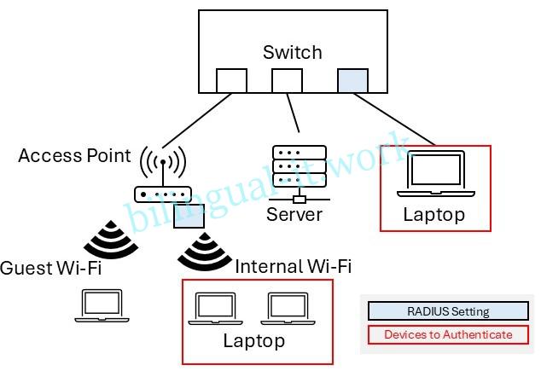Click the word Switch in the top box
292,52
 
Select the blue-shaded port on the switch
352,80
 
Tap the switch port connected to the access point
230,80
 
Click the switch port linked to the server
287,80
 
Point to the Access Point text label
74,155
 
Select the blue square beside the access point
189,216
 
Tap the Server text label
294,213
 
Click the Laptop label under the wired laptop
434,214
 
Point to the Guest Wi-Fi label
50,267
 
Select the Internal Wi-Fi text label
293,266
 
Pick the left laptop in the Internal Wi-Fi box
216,310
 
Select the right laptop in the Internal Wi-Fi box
288,310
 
